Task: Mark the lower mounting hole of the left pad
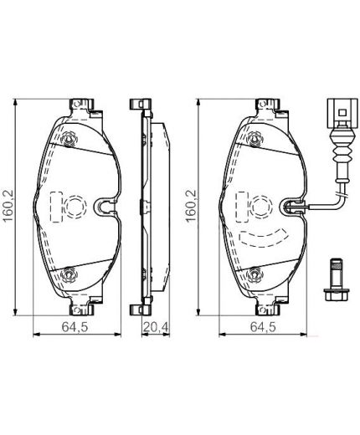[x=69, y=273]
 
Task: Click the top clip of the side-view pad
[x=140, y=106]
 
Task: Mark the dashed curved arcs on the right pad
[x=264, y=236]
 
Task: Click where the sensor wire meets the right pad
[x=293, y=207]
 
